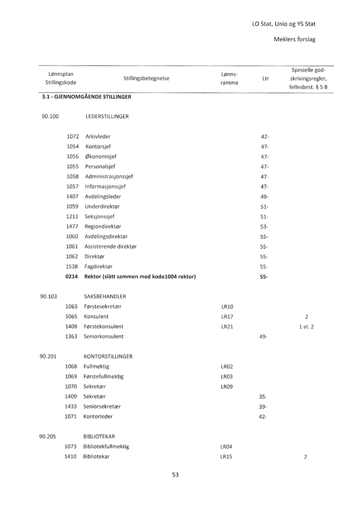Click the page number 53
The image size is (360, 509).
point(175,475)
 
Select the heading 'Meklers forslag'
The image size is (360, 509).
point(294,40)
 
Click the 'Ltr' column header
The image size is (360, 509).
point(265,78)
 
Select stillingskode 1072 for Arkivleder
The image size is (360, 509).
point(72,137)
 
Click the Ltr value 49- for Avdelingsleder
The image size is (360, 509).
point(264,196)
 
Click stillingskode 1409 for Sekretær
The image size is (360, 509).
point(72,397)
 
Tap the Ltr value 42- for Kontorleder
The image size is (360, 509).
point(264,417)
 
